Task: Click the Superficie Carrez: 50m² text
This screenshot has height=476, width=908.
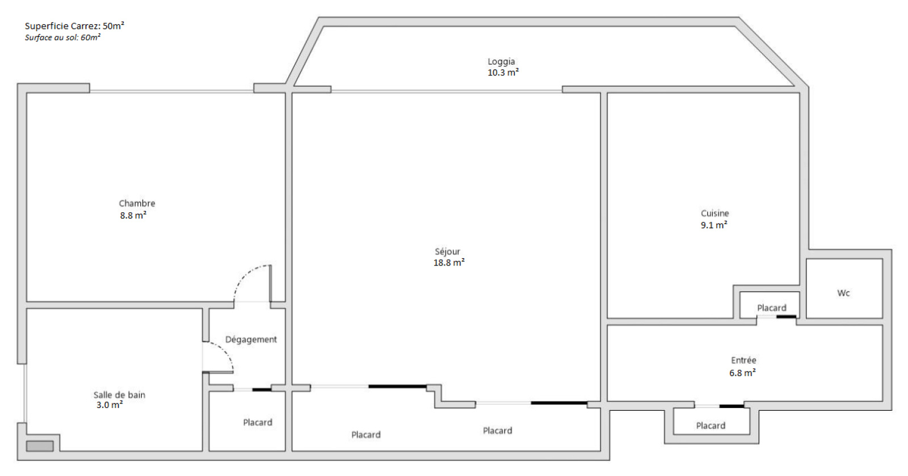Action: (x=74, y=26)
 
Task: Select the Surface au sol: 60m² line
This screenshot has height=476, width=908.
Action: (x=62, y=37)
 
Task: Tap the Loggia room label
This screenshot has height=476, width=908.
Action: (x=502, y=62)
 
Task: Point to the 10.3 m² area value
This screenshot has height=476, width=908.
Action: (x=503, y=73)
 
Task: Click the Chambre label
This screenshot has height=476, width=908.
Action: (x=137, y=203)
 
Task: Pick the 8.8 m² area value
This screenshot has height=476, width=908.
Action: (x=133, y=215)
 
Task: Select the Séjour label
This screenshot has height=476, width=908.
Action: (x=448, y=251)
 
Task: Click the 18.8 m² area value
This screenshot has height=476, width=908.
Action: (x=449, y=263)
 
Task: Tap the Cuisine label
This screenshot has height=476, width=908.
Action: (x=714, y=213)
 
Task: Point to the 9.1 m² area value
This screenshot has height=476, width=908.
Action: (x=714, y=225)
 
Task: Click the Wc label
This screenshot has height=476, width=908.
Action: (x=843, y=293)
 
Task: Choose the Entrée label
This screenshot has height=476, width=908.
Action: (x=743, y=360)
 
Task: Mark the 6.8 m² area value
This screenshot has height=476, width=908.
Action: (x=742, y=373)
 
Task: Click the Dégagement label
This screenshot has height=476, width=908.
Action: (x=251, y=339)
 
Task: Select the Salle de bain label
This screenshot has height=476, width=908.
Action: (x=119, y=395)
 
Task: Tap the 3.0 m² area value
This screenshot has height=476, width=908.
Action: (x=110, y=405)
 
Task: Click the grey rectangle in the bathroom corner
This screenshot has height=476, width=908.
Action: (x=40, y=446)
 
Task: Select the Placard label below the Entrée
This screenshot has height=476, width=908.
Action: (x=711, y=426)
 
